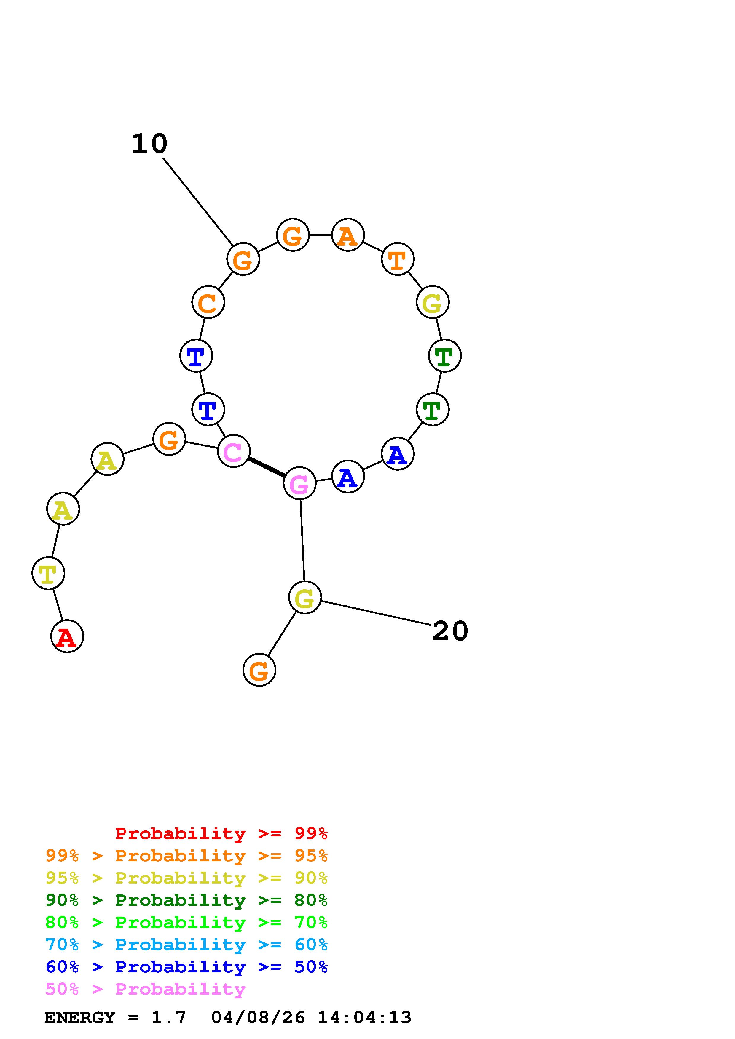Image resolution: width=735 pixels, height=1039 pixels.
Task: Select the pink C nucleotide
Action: pos(234,451)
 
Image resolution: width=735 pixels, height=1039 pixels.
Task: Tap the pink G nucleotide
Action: pos(299,483)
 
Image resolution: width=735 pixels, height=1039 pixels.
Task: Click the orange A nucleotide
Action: pos(348,235)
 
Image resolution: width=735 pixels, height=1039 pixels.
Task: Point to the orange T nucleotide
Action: pos(398,259)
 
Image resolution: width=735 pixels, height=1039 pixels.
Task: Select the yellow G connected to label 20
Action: pos(305,597)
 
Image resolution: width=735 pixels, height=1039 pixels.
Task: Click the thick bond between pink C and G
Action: pos(266,467)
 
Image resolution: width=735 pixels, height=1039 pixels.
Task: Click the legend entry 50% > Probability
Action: pos(145,989)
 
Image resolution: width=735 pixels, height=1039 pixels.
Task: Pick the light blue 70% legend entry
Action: pos(186,945)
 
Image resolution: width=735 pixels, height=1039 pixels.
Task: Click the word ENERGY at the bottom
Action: pos(80,1017)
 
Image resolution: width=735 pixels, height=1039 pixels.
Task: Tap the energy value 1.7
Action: pos(168,1017)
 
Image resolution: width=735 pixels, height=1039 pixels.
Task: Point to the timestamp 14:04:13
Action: pos(365,1017)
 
